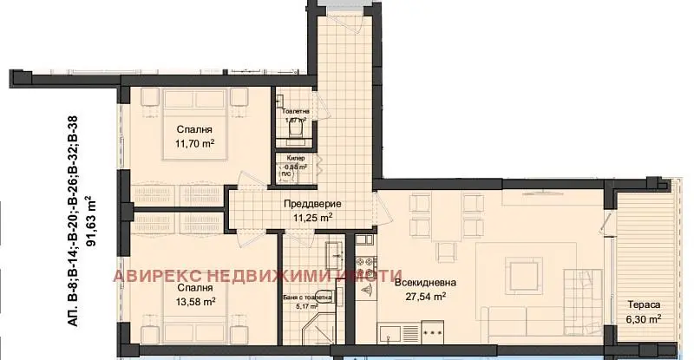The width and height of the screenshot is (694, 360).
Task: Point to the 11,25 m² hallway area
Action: click(313, 218)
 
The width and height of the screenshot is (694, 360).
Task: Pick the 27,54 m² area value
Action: click(426, 297)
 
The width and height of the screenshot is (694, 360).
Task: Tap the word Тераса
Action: click(645, 305)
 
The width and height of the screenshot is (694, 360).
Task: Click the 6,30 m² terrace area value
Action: click(645, 319)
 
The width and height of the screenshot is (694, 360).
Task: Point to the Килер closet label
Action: click(295, 159)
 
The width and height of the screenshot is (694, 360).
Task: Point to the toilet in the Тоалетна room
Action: click(287, 127)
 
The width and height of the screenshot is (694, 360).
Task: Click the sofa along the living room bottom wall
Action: click(520, 322)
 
